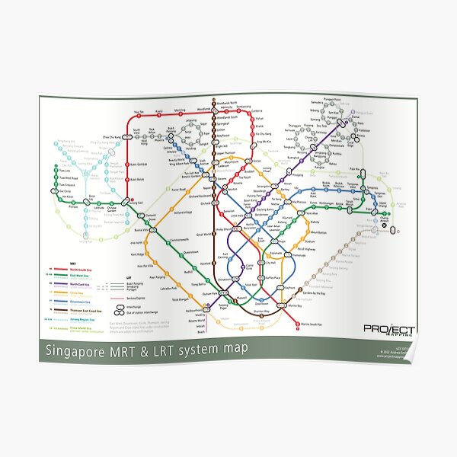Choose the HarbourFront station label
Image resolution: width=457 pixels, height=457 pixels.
click(x=196, y=310)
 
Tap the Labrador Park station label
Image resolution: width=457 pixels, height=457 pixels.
click(x=172, y=288)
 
